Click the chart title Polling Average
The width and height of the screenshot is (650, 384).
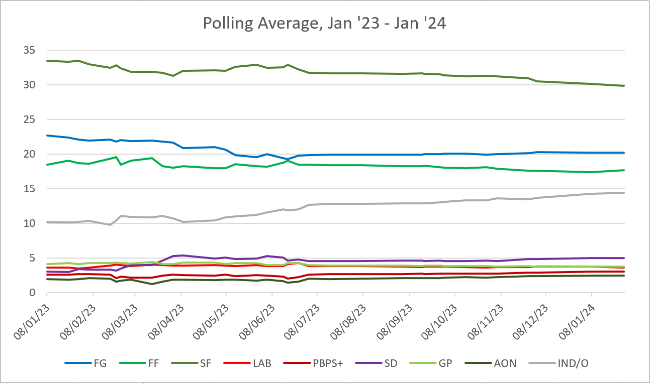point(324,24)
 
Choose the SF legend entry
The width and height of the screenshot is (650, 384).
point(206,363)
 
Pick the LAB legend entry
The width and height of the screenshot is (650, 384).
point(261,363)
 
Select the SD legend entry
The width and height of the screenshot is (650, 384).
point(390,363)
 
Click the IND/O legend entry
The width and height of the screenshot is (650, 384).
point(570,363)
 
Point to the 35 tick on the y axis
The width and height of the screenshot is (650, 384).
point(29,50)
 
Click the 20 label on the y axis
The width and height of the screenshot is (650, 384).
point(29,154)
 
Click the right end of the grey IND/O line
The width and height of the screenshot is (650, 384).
point(624,193)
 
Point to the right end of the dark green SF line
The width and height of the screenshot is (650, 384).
point(624,86)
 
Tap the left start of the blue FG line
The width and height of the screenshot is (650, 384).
point(47,136)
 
